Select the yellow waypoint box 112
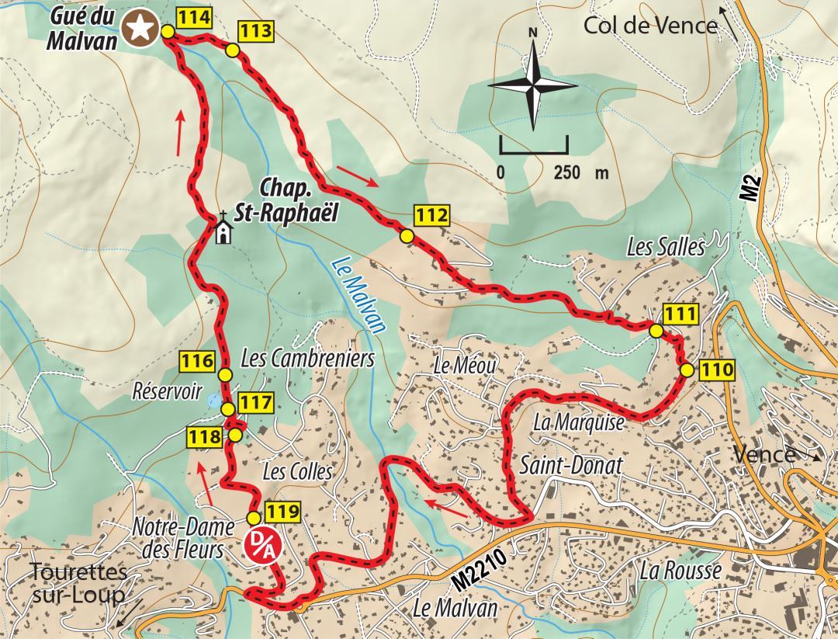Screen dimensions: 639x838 pos(431,215)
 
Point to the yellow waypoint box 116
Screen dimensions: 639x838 pos(197,361)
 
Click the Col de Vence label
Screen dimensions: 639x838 pos(649,26)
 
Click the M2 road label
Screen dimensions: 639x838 pos(748,188)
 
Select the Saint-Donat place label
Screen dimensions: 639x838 pos(571,466)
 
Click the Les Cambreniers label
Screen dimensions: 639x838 pos(308,359)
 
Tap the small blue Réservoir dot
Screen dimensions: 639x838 pos(213,401)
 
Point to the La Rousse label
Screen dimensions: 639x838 pos(680,570)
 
